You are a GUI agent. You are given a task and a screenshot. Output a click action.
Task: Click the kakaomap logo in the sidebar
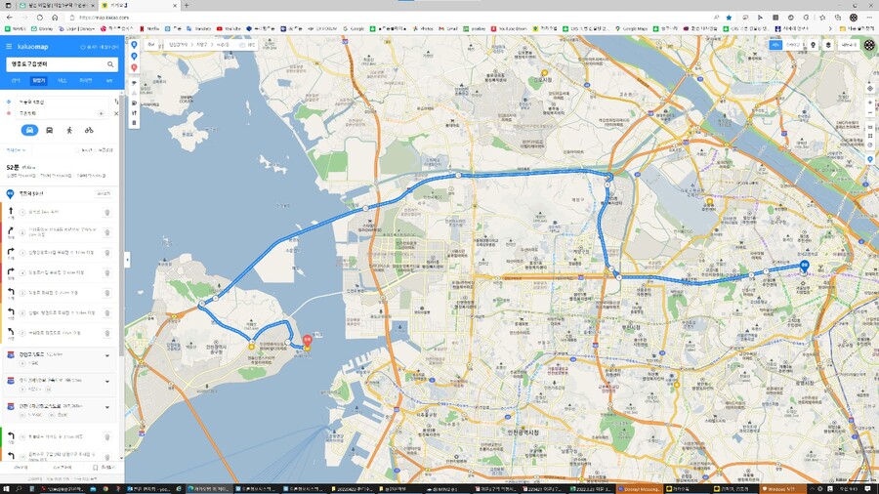pyautogui.click(x=31, y=47)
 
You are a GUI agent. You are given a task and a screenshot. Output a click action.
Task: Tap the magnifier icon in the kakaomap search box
pyautogui.click(x=111, y=63)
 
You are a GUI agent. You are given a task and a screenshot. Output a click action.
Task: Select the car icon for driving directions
pyautogui.click(x=29, y=130)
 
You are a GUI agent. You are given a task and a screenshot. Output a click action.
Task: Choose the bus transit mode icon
pyautogui.click(x=50, y=130)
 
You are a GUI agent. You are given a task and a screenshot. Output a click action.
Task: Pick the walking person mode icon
pyautogui.click(x=69, y=130)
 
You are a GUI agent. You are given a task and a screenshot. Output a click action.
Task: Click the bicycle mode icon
pyautogui.click(x=89, y=130)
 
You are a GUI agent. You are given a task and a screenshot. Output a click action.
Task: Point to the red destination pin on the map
pyautogui.click(x=306, y=340)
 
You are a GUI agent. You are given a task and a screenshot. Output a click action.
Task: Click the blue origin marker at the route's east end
pyautogui.click(x=804, y=265)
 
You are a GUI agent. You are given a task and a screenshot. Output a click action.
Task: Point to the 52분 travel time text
pyautogui.click(x=14, y=167)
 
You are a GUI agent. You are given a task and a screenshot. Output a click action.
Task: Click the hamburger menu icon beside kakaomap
pyautogui.click(x=9, y=47)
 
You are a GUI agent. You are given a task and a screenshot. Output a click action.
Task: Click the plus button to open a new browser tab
pyautogui.click(x=186, y=5)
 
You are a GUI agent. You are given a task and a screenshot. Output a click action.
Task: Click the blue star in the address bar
pyautogui.click(x=729, y=17)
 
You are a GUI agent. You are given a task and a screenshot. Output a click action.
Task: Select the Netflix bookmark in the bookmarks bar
pyautogui.click(x=152, y=28)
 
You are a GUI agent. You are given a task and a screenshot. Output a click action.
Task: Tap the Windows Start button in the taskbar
pyautogui.click(x=5, y=487)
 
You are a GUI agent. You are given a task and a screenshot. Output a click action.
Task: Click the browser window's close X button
pyautogui.click(x=868, y=5)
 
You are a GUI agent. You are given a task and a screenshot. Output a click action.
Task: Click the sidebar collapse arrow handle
pyautogui.click(x=127, y=260)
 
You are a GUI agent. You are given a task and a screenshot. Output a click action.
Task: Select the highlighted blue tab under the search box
pyautogui.click(x=38, y=81)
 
